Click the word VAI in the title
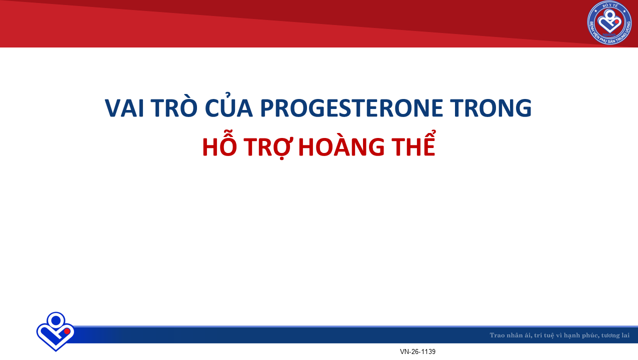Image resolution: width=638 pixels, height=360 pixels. click(124, 108)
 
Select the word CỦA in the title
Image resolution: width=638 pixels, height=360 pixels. click(228, 105)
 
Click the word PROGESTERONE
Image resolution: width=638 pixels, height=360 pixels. click(351, 108)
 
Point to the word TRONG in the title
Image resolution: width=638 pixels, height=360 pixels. click(490, 108)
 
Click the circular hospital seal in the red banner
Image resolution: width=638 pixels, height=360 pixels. click(609, 23)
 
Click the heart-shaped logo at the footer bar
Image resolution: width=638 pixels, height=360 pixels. click(55, 331)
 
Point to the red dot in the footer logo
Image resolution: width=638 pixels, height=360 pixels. click(67, 331)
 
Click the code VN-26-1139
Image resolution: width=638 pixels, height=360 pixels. click(417, 351)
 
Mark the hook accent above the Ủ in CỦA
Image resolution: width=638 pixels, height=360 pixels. click(227, 94)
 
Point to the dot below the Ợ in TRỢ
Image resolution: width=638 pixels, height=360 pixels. click(281, 158)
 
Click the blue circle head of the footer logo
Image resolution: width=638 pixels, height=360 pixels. click(56, 320)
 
